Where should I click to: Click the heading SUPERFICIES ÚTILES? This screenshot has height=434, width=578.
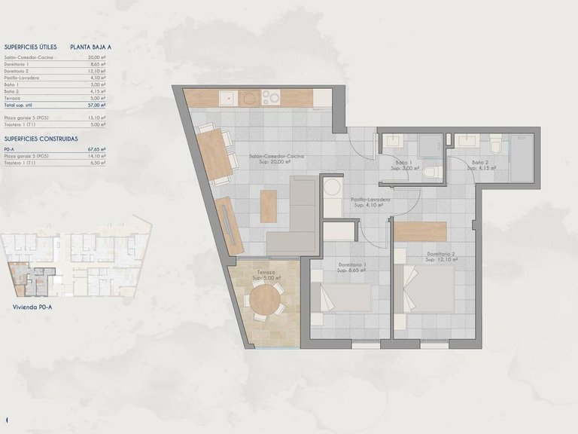coord(30,46)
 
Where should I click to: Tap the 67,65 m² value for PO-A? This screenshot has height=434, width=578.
coord(96,149)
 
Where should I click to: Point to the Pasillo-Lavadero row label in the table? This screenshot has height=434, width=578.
coord(22,78)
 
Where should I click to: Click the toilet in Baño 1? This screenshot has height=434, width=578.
coord(430,173)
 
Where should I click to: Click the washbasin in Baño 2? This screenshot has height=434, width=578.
coord(464,140)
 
